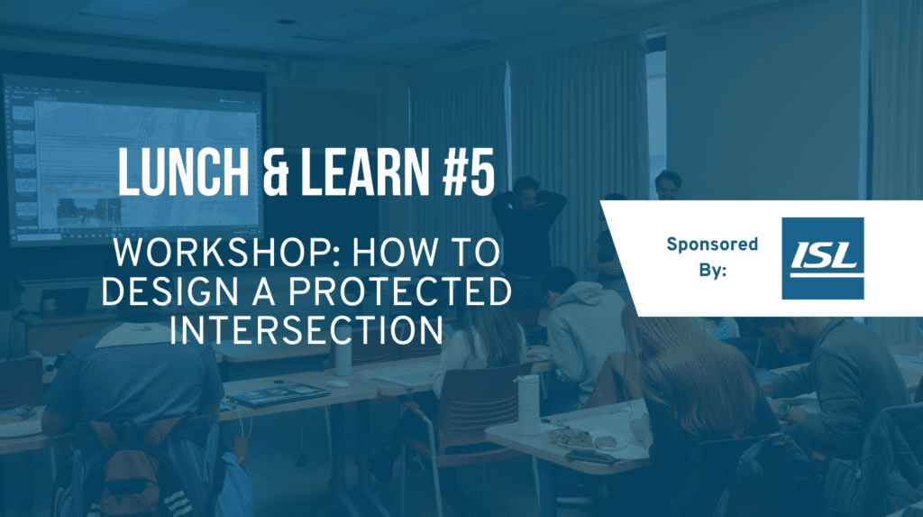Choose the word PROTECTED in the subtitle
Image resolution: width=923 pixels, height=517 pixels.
tap(399, 291)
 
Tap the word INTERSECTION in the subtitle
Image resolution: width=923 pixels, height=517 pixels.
tap(306, 329)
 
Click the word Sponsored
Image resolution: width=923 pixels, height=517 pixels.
tap(712, 244)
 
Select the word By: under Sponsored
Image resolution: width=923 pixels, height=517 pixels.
tap(713, 270)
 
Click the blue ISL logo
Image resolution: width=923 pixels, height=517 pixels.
tap(822, 258)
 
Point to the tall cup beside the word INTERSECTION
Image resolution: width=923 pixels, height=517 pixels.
tap(343, 355)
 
